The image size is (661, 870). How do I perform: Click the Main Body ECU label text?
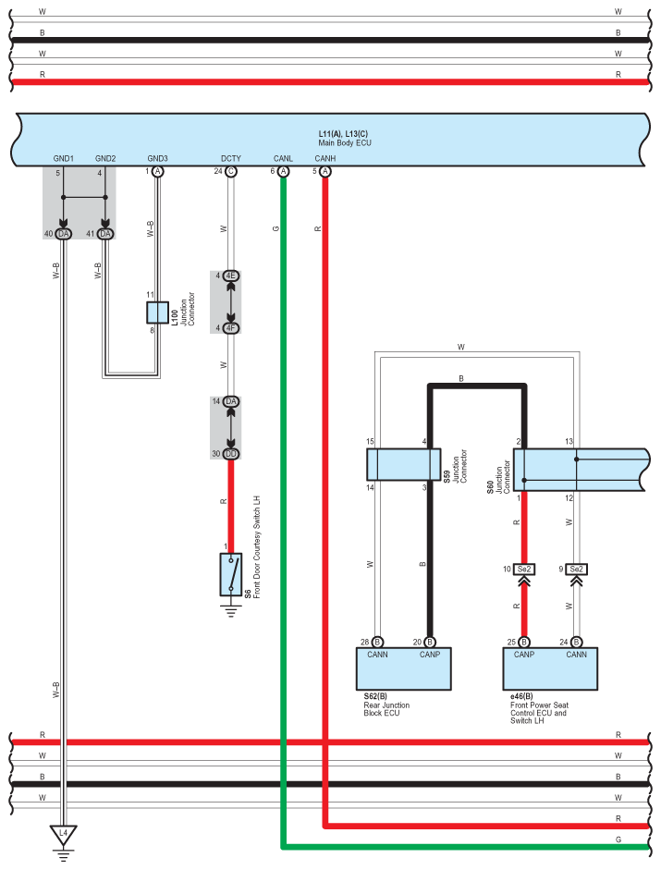tap(345, 142)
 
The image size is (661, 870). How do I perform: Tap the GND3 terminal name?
tap(157, 158)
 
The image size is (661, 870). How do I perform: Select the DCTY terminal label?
tap(231, 158)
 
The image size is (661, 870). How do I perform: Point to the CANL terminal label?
tap(283, 158)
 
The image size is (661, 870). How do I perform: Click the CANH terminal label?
tap(325, 158)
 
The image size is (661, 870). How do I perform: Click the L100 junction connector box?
tap(157, 312)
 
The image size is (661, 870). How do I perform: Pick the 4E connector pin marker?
tap(231, 276)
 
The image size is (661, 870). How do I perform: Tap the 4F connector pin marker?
tap(231, 328)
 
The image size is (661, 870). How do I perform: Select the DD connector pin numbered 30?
tap(231, 454)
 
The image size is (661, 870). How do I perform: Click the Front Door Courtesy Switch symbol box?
tap(231, 574)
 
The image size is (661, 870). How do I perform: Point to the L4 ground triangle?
tap(63, 835)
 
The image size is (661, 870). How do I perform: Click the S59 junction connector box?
tap(404, 464)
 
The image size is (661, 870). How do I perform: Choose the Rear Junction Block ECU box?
tap(403, 668)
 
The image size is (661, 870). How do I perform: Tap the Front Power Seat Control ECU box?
tap(550, 668)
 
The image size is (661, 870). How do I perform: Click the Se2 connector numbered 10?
tap(524, 570)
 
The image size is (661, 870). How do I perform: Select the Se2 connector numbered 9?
tap(577, 570)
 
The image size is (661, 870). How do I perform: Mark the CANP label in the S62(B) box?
tap(430, 655)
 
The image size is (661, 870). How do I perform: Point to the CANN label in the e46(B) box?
tap(577, 655)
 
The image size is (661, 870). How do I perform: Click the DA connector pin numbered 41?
tap(105, 234)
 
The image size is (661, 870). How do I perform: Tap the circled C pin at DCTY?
tap(231, 171)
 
